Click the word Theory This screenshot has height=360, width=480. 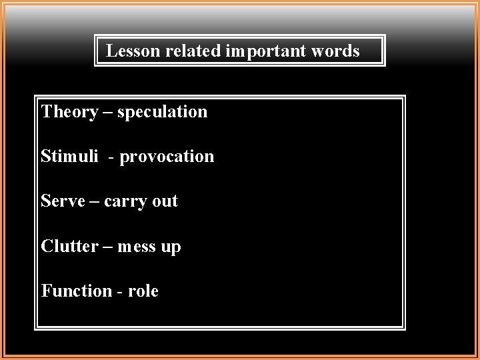click(x=69, y=112)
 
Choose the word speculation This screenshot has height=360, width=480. click(x=162, y=113)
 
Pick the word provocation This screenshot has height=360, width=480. click(x=167, y=157)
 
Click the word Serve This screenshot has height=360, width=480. click(x=62, y=201)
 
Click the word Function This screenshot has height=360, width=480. click(x=77, y=291)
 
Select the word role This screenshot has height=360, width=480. click(x=143, y=291)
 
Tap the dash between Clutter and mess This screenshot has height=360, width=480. click(x=108, y=247)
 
